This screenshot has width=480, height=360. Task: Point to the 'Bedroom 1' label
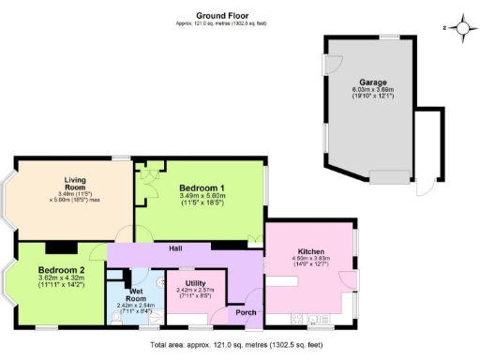[202, 188]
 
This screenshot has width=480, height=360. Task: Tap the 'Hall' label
[175, 248]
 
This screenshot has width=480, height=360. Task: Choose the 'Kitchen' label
[310, 252]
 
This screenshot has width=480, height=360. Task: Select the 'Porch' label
[245, 312]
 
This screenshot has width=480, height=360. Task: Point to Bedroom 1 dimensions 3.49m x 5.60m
[202, 200]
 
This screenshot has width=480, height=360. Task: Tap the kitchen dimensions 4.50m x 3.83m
[310, 262]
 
